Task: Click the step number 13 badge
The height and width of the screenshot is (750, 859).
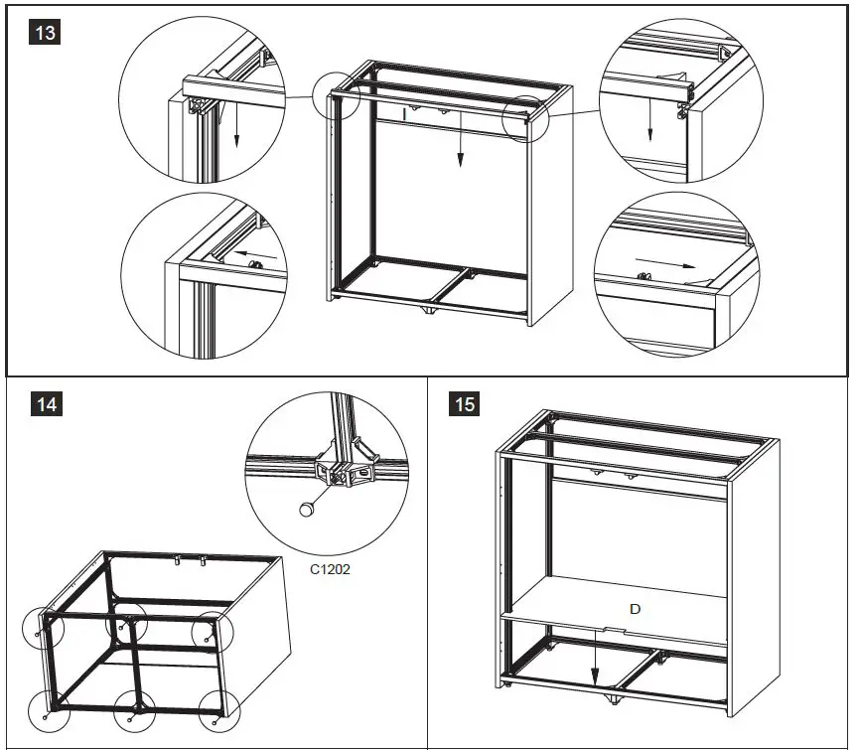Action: click(46, 33)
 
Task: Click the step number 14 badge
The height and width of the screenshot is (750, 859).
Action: click(46, 404)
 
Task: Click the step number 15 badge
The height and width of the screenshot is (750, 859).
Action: click(464, 404)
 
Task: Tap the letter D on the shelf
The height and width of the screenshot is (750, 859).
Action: click(635, 608)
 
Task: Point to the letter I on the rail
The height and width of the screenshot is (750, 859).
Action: click(405, 114)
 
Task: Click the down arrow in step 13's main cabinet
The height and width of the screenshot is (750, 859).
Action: click(461, 150)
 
